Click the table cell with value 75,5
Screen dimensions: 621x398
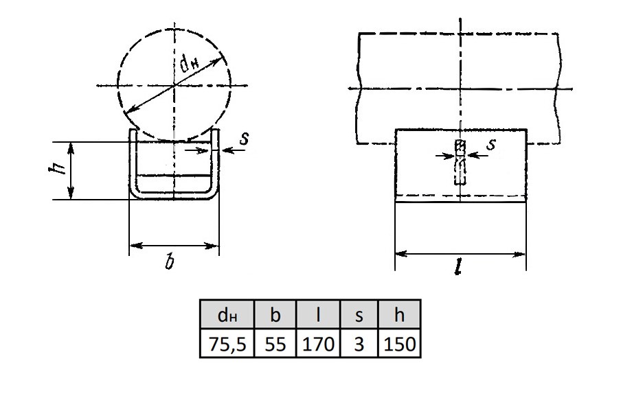(227, 343)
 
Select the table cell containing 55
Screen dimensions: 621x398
(275, 343)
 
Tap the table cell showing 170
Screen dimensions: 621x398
(318, 343)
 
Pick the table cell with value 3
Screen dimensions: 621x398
(359, 343)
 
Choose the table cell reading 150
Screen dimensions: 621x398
(400, 343)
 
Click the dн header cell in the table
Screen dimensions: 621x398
(227, 314)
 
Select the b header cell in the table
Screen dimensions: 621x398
(275, 314)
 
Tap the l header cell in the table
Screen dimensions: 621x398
(318, 314)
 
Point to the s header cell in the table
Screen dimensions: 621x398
(359, 314)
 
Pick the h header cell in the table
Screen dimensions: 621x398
(400, 314)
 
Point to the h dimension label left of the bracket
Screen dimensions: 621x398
(55, 169)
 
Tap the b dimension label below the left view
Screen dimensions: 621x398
(170, 261)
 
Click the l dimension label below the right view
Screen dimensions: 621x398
(458, 268)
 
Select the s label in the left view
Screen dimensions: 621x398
(245, 139)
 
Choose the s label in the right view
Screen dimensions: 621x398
(491, 144)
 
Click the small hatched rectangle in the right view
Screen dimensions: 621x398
(460, 146)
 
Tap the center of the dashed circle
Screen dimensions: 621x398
(174, 85)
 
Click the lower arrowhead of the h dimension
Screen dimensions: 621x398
(71, 194)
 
